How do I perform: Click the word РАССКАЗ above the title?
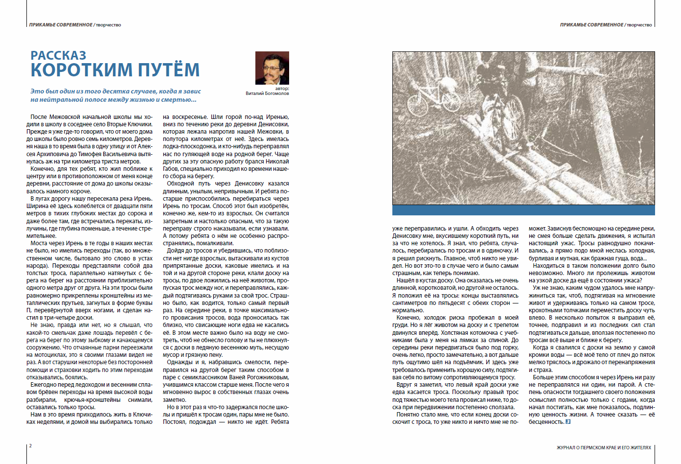pos(58,55)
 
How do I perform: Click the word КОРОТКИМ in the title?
pos(81,70)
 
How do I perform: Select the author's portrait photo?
pos(272,68)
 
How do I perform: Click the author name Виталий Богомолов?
pos(267,93)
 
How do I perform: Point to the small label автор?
pos(282,89)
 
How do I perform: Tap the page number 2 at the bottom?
pos(30,445)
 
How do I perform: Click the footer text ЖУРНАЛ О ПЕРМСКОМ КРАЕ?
pos(604,447)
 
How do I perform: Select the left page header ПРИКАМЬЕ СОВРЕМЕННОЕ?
pos(61,24)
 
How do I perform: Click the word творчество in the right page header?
pos(639,24)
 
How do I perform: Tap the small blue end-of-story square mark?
pos(568,421)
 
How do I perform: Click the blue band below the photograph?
pos(523,210)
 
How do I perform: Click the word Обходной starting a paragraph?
pos(181,184)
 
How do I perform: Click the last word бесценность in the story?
pos(546,422)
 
